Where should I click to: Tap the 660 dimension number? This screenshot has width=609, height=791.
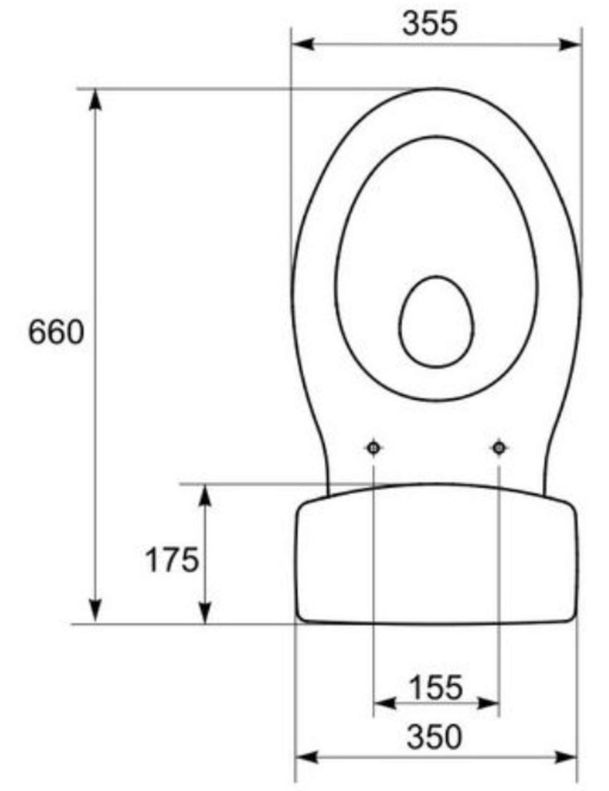coord(56,332)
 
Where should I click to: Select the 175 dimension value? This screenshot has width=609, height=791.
coord(172,560)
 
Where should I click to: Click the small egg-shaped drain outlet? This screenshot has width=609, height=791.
coord(436,322)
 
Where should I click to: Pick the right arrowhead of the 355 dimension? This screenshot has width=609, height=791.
coord(570,44)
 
